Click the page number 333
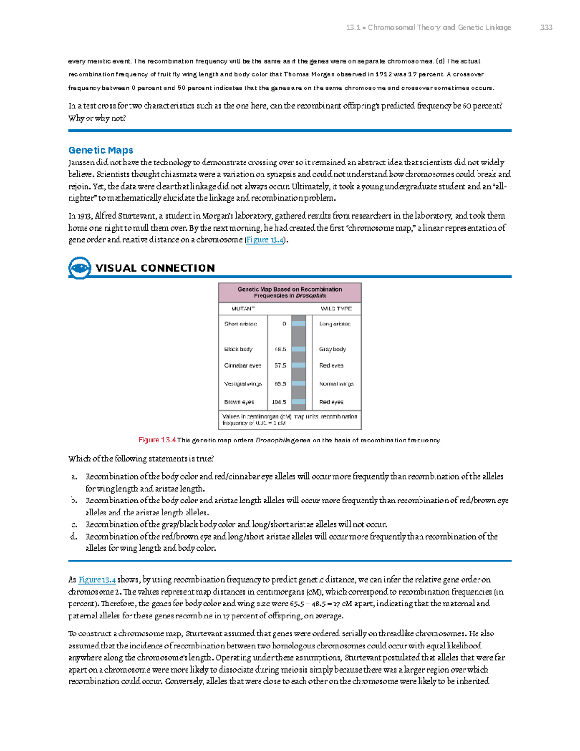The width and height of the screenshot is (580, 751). coord(546,28)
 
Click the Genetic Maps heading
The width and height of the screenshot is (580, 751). coord(101,150)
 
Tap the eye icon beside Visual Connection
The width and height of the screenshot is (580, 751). coord(79,267)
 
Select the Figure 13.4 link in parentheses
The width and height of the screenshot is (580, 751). coord(265,240)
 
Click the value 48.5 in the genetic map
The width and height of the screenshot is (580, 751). coord(280,349)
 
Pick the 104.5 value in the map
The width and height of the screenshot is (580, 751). coord(279,402)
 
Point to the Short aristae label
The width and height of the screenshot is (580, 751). coord(240,324)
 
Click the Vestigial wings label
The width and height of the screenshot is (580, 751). coord(243,384)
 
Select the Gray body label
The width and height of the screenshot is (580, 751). coord(332,349)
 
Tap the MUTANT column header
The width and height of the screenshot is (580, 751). coord(243,309)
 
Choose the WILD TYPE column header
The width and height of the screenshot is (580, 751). coord(336,309)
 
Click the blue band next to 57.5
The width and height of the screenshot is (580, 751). coord(299,366)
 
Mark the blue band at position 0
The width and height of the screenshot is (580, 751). coord(299,324)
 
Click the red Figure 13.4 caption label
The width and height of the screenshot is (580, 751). coord(157,440)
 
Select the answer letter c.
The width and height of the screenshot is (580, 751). coord(74,524)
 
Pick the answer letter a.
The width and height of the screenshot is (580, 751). coord(74,477)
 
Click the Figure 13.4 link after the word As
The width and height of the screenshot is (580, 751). coord(97,580)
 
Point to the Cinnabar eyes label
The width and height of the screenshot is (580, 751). coord(243,366)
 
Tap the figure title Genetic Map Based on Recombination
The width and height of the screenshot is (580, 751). coord(290,289)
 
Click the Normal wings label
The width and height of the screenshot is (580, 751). coord(336,384)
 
